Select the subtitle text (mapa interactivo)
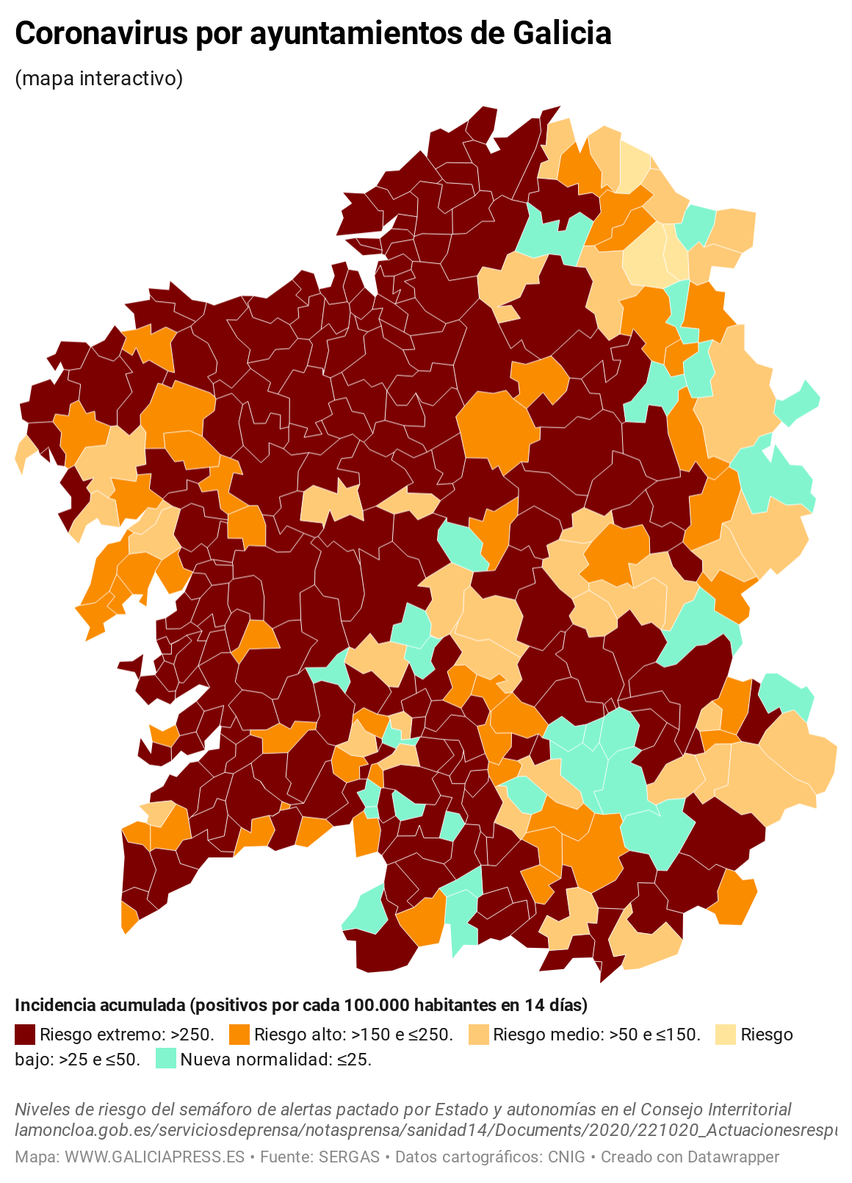(98, 78)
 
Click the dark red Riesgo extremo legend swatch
(25, 1035)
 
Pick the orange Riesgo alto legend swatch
(239, 1035)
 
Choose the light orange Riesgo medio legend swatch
(478, 1035)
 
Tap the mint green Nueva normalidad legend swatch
(166, 1060)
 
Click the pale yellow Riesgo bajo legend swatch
(725, 1035)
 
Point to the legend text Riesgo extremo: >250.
(127, 1035)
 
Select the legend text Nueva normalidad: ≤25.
(276, 1060)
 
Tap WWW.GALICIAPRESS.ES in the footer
(154, 1157)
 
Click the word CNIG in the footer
(566, 1157)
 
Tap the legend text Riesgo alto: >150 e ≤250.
(353, 1035)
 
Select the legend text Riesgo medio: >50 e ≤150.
(596, 1035)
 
